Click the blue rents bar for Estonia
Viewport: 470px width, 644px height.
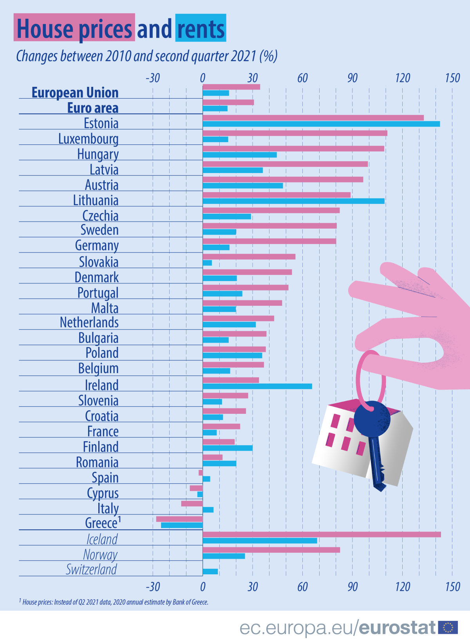pos(321,124)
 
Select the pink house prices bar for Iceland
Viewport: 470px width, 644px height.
pos(321,534)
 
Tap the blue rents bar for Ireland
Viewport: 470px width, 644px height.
pos(257,386)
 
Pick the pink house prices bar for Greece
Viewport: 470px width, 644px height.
pos(179,519)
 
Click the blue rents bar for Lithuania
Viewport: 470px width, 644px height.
pos(293,201)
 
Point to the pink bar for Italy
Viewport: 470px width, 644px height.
pos(192,503)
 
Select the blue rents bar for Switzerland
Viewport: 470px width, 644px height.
pos(210,572)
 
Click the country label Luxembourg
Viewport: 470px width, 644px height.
pos(89,139)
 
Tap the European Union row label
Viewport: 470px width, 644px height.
pos(75,93)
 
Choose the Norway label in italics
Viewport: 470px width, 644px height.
pos(100,555)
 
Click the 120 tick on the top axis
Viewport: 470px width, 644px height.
pos(402,78)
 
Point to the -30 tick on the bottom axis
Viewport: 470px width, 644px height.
pos(153,586)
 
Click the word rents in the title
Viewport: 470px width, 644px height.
pos(201,29)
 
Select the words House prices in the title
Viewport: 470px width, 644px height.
pos(74,29)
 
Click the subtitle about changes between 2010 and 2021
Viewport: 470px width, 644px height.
pos(146,56)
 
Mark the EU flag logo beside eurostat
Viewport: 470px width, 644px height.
pos(448,628)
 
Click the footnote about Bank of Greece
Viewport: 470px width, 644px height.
pos(114,602)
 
